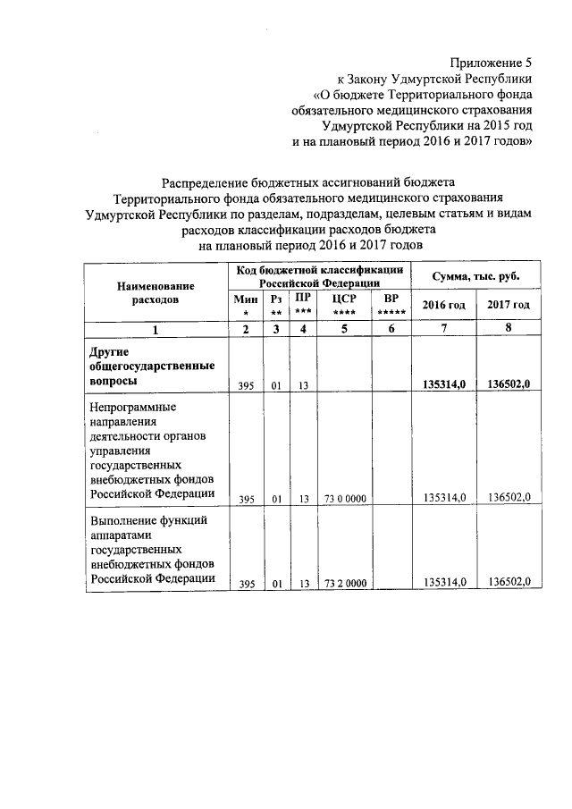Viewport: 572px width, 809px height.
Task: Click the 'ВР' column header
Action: pos(390,304)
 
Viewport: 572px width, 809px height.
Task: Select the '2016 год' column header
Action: pos(443,305)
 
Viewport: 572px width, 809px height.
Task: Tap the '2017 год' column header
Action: pos(509,305)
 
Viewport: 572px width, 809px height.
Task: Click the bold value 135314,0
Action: pos(444,384)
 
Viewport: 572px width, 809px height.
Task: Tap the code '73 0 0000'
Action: pos(343,499)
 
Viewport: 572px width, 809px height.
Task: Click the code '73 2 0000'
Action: pos(343,583)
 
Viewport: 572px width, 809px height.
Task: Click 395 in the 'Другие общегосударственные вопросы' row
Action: pos(246,385)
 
